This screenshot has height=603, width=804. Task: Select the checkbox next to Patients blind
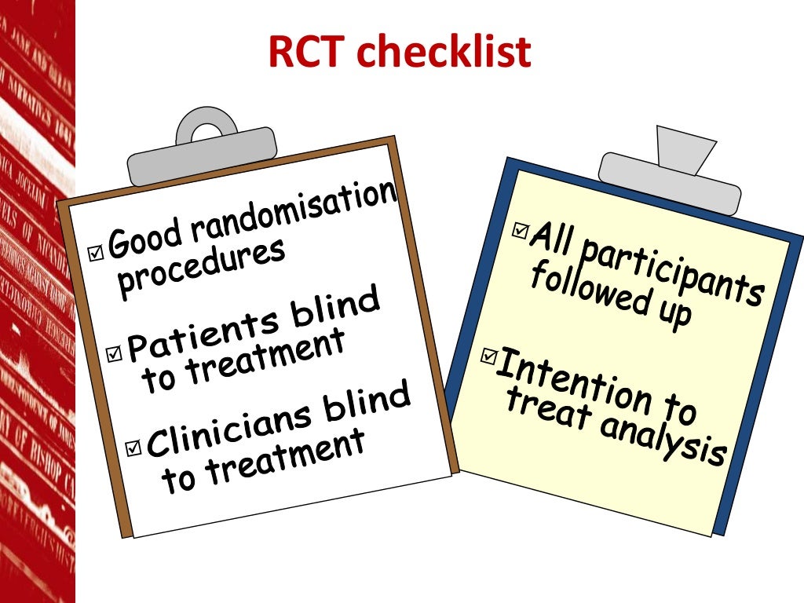pyautogui.click(x=115, y=354)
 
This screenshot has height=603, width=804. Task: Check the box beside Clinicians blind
pyautogui.click(x=133, y=448)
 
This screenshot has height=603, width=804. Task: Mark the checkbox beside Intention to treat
pyautogui.click(x=488, y=357)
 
